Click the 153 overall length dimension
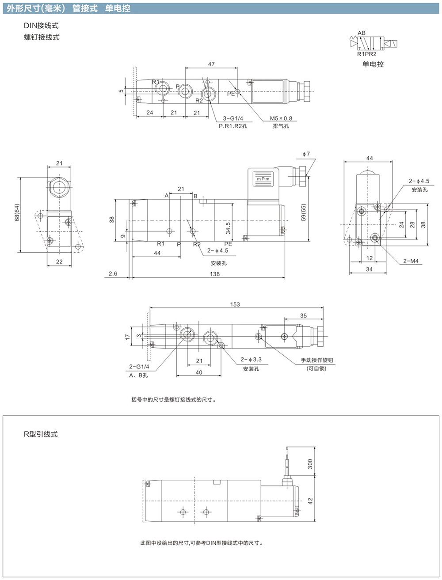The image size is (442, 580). click(235, 304)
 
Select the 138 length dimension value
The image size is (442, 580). click(215, 274)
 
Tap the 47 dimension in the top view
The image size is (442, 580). click(211, 64)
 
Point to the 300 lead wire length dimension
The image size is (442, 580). click(310, 464)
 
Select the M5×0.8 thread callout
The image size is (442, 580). click(281, 118)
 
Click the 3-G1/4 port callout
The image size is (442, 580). click(233, 118)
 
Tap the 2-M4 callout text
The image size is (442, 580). click(411, 261)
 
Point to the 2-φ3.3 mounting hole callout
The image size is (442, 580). click(251, 360)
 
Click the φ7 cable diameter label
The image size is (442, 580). click(306, 154)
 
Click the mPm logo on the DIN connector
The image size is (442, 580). click(263, 179)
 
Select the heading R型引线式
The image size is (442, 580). click(41, 434)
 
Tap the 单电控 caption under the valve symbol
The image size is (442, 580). click(373, 64)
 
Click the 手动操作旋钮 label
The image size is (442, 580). click(317, 360)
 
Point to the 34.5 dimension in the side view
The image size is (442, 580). click(228, 228)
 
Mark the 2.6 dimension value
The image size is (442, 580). click(113, 273)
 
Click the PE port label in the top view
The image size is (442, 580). click(231, 94)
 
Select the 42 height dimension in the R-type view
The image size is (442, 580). click(310, 501)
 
